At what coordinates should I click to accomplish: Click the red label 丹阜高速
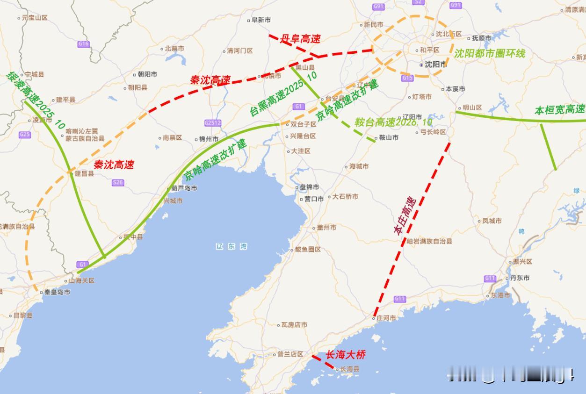[x=300, y=39]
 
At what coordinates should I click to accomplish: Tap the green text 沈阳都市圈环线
[x=490, y=53]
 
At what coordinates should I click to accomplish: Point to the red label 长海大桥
[x=345, y=355]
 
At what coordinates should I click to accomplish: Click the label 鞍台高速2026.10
[x=393, y=122]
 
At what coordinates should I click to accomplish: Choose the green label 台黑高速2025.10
[x=283, y=94]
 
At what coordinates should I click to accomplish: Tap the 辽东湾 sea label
[x=232, y=246]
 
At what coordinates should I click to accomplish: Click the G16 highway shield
[x=84, y=44]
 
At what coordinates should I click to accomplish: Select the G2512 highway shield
[x=213, y=123]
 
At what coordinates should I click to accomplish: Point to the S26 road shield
[x=118, y=182]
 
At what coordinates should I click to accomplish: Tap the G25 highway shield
[x=25, y=135]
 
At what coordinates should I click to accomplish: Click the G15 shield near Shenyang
[x=407, y=78]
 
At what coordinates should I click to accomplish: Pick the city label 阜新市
[x=260, y=20]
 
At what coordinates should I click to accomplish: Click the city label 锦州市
[x=208, y=139]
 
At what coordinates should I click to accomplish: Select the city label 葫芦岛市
[x=184, y=188]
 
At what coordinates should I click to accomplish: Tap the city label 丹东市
[x=520, y=278]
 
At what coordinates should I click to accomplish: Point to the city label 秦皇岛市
[x=57, y=292]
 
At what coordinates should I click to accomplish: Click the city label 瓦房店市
[x=294, y=324]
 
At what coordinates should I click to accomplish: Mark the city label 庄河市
[x=386, y=318]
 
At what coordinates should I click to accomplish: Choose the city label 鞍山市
[x=388, y=138]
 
